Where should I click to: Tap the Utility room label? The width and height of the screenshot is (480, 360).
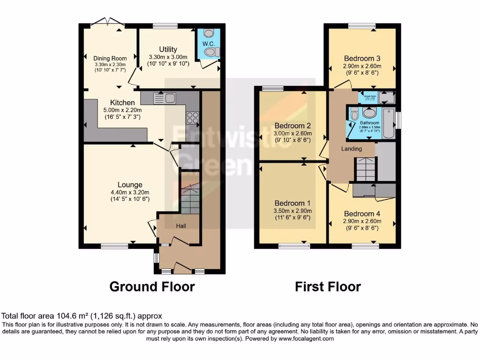click(168, 49)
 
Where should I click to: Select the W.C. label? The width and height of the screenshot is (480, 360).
click(208, 44)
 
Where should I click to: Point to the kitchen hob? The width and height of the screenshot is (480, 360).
click(192, 118)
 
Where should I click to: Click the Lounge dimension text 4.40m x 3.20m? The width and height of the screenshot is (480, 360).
click(130, 192)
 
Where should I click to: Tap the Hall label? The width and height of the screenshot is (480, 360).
click(181, 226)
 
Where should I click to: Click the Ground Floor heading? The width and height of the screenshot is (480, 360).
click(152, 286)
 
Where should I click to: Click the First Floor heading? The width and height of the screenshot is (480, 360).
click(328, 286)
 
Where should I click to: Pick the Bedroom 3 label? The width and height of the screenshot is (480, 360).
click(361, 59)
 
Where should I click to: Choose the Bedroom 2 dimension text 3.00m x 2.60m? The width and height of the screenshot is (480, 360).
click(293, 133)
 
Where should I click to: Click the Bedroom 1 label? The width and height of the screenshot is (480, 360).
click(292, 203)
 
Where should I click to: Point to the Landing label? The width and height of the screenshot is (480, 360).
click(351, 149)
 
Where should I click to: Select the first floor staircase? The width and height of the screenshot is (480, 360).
click(366, 169)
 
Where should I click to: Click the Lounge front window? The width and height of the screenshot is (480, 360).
click(114, 245)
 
